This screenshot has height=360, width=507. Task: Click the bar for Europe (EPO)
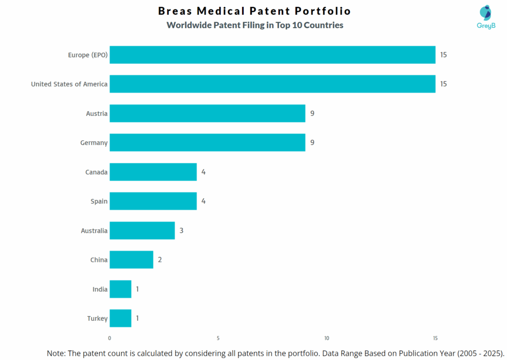point(272,54)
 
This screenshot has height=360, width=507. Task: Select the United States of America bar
point(272,84)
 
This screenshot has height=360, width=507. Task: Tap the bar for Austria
point(207,113)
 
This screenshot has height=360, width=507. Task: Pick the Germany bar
point(207,143)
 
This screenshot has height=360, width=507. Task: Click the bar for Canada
point(153,172)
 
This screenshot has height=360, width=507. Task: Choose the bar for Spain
point(153,201)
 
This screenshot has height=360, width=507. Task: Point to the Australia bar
point(142,230)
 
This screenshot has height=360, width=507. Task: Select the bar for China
point(131,259)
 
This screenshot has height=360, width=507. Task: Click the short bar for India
point(120,289)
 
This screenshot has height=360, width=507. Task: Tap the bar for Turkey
point(120,318)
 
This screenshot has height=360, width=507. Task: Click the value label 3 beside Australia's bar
point(182,230)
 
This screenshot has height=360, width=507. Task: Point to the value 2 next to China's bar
point(160,259)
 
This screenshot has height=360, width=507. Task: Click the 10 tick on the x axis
point(327,338)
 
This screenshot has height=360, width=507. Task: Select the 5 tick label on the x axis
point(218,338)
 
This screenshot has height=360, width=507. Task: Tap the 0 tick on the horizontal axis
point(109,338)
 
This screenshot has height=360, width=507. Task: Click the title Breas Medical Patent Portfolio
point(254,11)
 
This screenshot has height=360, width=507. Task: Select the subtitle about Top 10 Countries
point(254,25)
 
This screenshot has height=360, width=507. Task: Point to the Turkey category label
point(97,318)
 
